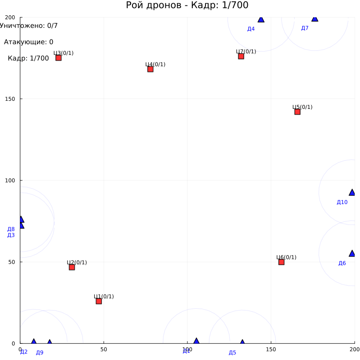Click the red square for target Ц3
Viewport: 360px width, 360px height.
(x=58, y=58)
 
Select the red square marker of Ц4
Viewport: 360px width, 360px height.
(x=150, y=69)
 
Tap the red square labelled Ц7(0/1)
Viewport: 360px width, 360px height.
(x=241, y=56)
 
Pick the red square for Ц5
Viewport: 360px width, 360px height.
(x=297, y=112)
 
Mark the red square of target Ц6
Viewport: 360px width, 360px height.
(x=281, y=262)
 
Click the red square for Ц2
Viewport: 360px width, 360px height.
(x=72, y=267)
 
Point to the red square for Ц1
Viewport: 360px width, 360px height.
(x=99, y=301)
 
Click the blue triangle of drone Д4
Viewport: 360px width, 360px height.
(x=261, y=19)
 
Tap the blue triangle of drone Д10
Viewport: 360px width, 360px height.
(x=352, y=193)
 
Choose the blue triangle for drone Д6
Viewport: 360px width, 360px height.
(x=352, y=253)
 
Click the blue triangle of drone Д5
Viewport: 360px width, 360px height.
(x=242, y=342)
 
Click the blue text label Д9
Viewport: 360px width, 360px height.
(x=40, y=352)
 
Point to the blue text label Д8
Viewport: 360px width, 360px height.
(x=11, y=229)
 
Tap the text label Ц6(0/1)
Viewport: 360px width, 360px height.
(x=286, y=257)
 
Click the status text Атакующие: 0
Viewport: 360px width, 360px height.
(x=28, y=42)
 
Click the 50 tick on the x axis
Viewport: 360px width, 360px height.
(x=104, y=349)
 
